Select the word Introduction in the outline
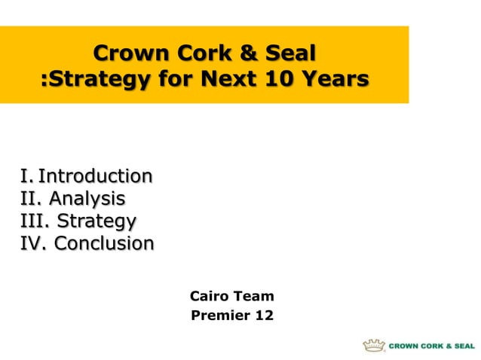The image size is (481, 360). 95,176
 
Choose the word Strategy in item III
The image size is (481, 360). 97,221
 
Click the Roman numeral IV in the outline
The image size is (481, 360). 33,244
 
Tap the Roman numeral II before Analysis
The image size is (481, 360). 29,199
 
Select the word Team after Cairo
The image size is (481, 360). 254,296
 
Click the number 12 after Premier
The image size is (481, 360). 265,316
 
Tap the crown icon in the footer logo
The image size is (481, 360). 373,346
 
